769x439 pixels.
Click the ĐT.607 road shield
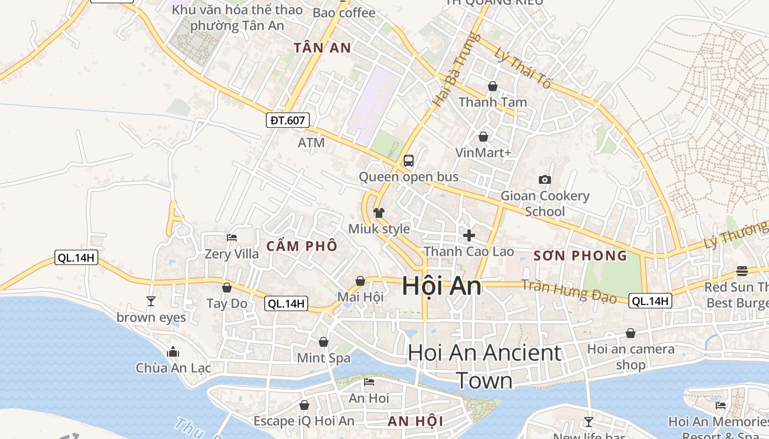pos(288,120)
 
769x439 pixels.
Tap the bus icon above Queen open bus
pos(408,161)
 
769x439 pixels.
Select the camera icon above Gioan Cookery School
pos(545,179)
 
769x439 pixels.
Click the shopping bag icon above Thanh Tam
pos(493,86)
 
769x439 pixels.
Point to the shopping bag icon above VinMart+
pos(483,137)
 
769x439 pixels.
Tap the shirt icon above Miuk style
pos(379,213)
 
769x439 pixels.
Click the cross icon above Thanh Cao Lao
pos(469,235)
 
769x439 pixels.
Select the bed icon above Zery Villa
pos(232,238)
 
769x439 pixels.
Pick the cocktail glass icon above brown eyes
pos(151,301)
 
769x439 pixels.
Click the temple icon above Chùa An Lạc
pos(173,351)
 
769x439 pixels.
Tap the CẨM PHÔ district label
pos(302,246)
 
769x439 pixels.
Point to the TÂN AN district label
pos(322,48)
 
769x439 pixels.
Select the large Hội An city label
pos(442,286)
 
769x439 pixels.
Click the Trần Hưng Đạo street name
pos(569,290)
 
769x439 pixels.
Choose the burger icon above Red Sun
pos(742,271)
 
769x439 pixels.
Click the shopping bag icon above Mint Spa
pos(324,342)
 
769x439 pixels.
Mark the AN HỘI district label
pos(415,421)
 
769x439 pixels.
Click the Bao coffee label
pos(344,13)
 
